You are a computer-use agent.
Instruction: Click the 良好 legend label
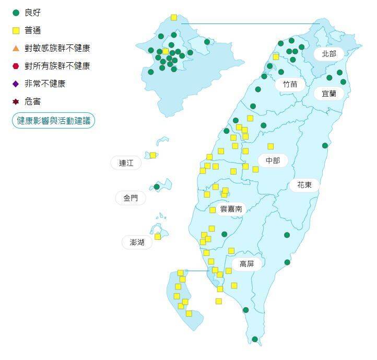pos(32,13)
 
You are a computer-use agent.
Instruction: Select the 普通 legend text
pos(32,30)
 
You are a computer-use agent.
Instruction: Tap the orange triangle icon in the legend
pos(16,48)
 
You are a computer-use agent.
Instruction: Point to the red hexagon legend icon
pos(16,66)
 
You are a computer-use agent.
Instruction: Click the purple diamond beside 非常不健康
pos(16,84)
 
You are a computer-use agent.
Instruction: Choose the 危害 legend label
pos(32,101)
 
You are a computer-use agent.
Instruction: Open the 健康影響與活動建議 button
pos(53,121)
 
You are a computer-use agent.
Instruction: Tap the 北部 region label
pos(329,54)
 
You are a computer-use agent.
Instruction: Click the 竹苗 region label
pos(290,84)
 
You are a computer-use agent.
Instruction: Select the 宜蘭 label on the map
pos(329,94)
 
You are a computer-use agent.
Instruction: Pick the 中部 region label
pos(273,160)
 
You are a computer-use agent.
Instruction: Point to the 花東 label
pos(304,184)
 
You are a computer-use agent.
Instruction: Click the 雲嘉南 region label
pos(231,209)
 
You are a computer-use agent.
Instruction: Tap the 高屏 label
pos(246,264)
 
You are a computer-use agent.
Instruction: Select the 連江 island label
pos(126,163)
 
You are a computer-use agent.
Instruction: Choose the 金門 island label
pos(131,198)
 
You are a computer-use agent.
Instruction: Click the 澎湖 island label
pos(137,242)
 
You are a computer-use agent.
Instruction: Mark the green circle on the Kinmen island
pos(157,187)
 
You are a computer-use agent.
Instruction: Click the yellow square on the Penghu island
pos(158,237)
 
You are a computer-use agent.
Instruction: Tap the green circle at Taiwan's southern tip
pos(255,339)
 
